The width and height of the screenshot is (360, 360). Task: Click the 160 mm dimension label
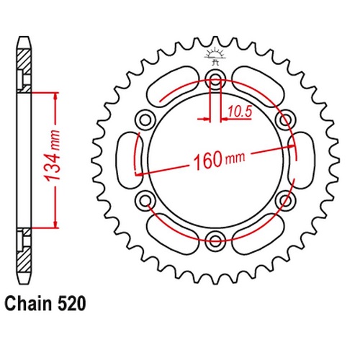[220, 160]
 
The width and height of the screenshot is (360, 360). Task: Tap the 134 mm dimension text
[52, 156]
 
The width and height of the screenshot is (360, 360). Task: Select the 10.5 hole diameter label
[240, 112]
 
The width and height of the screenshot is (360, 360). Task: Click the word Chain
[28, 304]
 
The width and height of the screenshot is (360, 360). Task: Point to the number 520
[71, 304]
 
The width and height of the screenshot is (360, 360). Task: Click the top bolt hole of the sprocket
[215, 79]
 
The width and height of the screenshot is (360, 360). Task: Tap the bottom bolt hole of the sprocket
[215, 240]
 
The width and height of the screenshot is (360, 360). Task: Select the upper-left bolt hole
[145, 120]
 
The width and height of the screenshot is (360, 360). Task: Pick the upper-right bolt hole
[285, 120]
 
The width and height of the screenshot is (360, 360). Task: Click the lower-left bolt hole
[145, 200]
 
